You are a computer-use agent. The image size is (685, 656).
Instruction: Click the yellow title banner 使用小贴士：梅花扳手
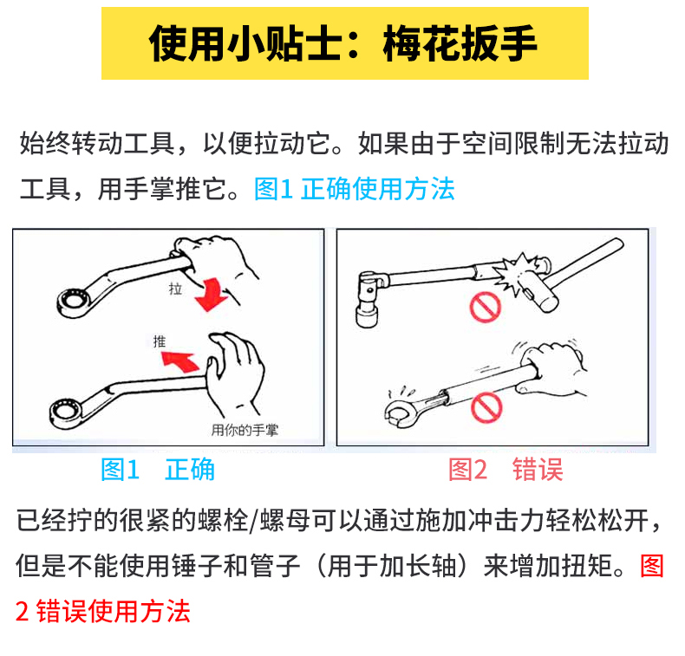pyautogui.click(x=345, y=43)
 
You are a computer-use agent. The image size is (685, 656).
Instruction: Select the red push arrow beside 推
pyautogui.click(x=181, y=360)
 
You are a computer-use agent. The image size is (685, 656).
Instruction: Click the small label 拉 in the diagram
pyautogui.click(x=175, y=289)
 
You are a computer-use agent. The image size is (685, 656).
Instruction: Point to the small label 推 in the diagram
pyautogui.click(x=160, y=341)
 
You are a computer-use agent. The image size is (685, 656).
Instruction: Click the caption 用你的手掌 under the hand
pyautogui.click(x=245, y=431)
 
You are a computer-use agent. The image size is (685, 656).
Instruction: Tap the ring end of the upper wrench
pyautogui.click(x=74, y=302)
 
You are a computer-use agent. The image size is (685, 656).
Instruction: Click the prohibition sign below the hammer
pyautogui.click(x=485, y=308)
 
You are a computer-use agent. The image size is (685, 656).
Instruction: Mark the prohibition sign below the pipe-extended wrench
pyautogui.click(x=486, y=407)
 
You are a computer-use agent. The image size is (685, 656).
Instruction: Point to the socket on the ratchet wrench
pyautogui.click(x=367, y=315)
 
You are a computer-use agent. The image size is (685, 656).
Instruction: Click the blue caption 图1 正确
pyautogui.click(x=158, y=470)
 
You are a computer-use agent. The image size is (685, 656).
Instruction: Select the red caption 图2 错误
pyautogui.click(x=506, y=470)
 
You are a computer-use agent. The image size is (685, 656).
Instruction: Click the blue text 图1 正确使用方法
pyautogui.click(x=355, y=189)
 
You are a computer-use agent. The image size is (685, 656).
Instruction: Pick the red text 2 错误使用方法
pyautogui.click(x=103, y=611)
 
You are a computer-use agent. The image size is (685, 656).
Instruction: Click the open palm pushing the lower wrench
pyautogui.click(x=235, y=372)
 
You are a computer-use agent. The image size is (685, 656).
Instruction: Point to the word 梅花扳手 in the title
pyautogui.click(x=460, y=43)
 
